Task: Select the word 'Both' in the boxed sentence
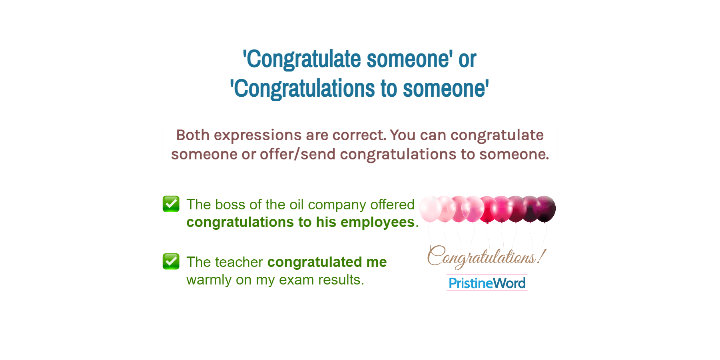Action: pyautogui.click(x=193, y=135)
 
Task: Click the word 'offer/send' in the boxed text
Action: pyautogui.click(x=297, y=154)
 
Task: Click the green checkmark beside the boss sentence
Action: pyautogui.click(x=171, y=204)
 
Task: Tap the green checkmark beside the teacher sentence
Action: pyautogui.click(x=171, y=261)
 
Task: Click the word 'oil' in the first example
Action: pyautogui.click(x=297, y=205)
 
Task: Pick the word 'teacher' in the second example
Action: pyautogui.click(x=239, y=262)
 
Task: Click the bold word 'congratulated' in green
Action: pyautogui.click(x=315, y=262)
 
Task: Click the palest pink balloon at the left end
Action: pyautogui.click(x=430, y=208)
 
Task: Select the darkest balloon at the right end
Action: pyautogui.click(x=545, y=208)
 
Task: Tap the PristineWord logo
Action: pyautogui.click(x=487, y=283)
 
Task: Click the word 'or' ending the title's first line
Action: pyautogui.click(x=467, y=59)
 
